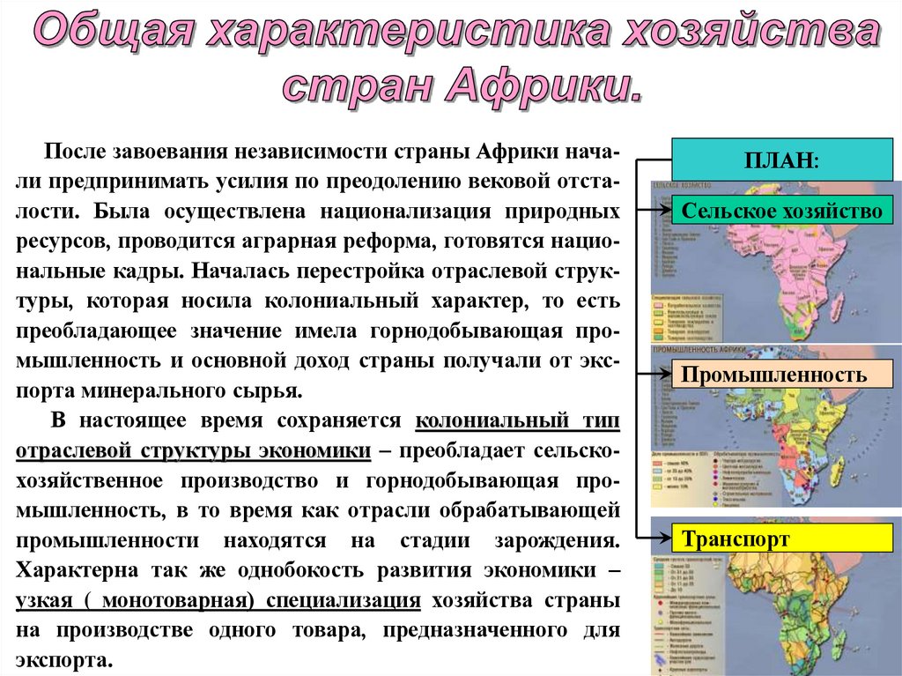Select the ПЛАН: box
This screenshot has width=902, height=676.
[x=780, y=161]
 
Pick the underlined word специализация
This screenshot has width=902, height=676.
[x=349, y=600]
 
